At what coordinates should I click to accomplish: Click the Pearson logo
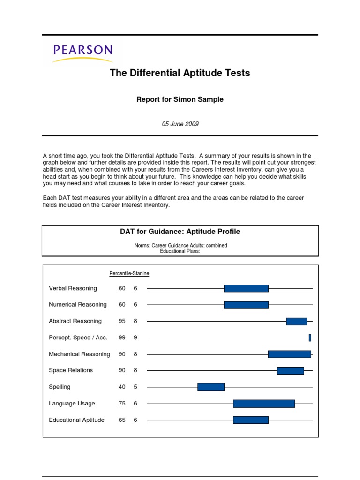coord(82,53)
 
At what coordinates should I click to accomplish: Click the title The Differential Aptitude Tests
coord(180,73)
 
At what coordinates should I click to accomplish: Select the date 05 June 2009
coord(180,124)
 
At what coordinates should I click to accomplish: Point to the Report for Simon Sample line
coord(180,99)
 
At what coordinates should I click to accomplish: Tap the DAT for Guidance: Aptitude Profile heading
coord(180,232)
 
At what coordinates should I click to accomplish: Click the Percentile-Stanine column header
coord(129,273)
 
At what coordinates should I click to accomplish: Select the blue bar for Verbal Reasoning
coord(246,288)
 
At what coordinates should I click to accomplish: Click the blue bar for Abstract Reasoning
coord(297,321)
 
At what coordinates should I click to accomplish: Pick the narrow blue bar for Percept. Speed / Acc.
coord(310,337)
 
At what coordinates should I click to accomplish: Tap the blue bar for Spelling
coord(211,387)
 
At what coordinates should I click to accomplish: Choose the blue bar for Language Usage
coord(264,403)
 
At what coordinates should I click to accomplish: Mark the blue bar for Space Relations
coord(291,370)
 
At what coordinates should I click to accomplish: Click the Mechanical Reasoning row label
coord(79,354)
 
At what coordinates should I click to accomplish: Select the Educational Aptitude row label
coord(76,420)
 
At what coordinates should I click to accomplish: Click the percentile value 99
coord(122,337)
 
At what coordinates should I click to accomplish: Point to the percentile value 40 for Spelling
coord(122,387)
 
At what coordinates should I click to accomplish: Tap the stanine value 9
coord(135,337)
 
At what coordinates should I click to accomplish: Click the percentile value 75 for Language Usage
coord(122,403)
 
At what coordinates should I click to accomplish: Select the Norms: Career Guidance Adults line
coord(180,246)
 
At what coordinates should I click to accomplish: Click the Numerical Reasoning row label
coord(78,305)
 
